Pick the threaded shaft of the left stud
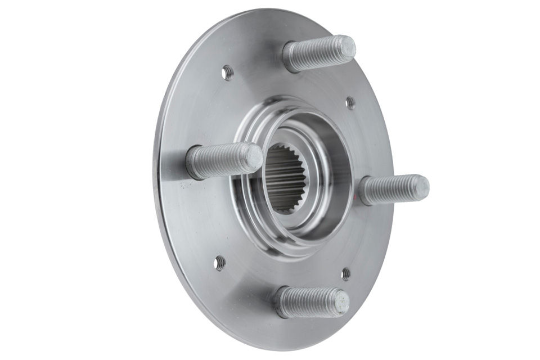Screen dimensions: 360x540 coord(219,161)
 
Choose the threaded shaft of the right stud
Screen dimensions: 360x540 coord(388,190)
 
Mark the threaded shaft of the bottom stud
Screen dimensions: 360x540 coord(307,302)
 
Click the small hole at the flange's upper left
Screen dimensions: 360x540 coord(227,72)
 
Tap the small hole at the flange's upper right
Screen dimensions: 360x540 coord(350,102)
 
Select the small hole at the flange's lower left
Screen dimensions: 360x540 coord(219,263)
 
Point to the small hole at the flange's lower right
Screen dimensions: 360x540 coord(345,274)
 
